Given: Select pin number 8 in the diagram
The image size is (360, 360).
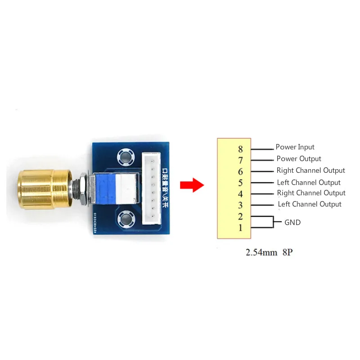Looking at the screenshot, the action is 240,149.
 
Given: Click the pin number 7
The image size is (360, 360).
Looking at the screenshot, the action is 240,160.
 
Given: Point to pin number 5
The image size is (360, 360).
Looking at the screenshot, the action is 240,183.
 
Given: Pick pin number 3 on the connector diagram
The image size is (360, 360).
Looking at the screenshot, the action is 240,205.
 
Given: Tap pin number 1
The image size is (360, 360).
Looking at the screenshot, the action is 240,227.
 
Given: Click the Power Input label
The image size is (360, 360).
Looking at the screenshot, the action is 295,147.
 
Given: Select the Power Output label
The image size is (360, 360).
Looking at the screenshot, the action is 299,159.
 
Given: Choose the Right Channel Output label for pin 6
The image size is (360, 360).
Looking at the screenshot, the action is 310,171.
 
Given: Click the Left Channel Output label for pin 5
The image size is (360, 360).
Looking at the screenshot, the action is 309,183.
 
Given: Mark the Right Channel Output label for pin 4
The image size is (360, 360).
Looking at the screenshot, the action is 311,193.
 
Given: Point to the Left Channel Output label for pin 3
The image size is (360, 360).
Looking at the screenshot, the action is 310,204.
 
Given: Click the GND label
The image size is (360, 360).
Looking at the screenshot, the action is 292,222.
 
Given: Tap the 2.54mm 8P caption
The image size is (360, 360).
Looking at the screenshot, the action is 269,253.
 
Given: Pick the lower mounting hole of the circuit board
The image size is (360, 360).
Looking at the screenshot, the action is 125,220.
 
